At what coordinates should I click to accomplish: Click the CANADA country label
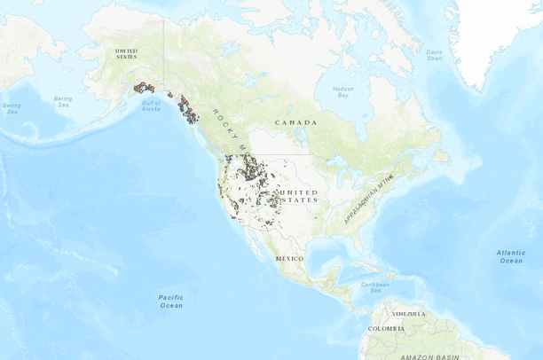[295, 121]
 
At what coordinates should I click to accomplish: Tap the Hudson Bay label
[342, 91]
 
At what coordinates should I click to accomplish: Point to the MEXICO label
[289, 257]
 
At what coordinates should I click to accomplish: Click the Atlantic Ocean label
[510, 256]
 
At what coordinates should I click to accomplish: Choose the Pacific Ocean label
[171, 301]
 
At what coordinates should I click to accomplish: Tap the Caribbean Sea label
[375, 286]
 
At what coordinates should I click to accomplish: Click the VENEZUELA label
[409, 313]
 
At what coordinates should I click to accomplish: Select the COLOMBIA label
[387, 329]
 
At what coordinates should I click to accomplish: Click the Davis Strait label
[434, 54]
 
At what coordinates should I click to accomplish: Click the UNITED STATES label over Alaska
[127, 54]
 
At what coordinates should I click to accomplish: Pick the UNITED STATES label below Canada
[297, 196]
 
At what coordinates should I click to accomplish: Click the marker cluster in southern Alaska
[144, 88]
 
